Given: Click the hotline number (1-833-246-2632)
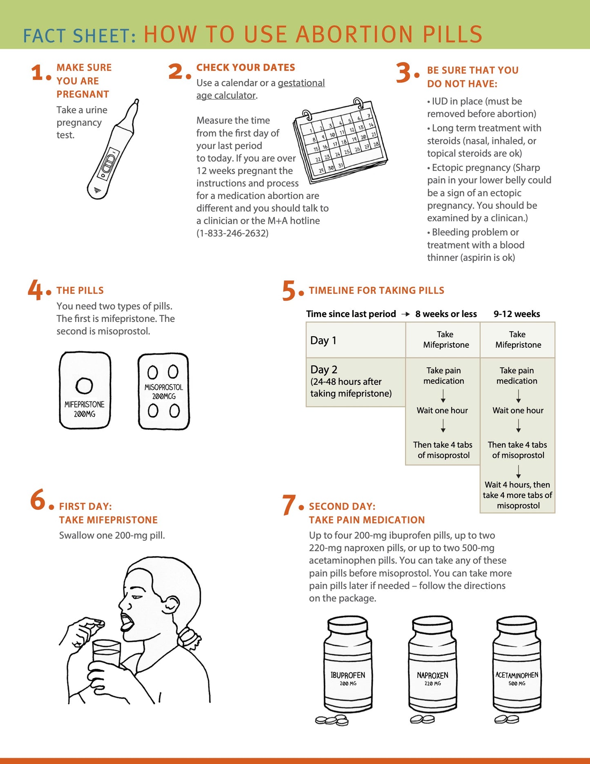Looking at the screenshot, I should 232,233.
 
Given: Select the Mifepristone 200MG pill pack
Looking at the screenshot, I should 85,390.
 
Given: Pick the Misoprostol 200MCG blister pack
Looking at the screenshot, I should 164,391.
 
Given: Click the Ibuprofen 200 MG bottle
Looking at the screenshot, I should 348,666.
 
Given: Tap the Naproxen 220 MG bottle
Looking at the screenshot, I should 432,666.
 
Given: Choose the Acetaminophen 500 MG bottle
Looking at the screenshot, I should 517,666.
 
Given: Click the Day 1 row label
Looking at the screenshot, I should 323,340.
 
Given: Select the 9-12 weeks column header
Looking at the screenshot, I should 517,314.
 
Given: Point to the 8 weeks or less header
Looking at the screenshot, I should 446,314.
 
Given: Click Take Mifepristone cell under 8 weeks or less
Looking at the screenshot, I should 445,340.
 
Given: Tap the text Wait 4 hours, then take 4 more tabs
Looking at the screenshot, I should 517,495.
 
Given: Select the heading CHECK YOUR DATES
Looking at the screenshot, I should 245,67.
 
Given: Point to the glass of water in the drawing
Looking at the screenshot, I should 106,653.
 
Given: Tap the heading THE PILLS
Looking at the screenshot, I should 80,290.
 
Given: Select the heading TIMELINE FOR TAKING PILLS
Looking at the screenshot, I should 376,290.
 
